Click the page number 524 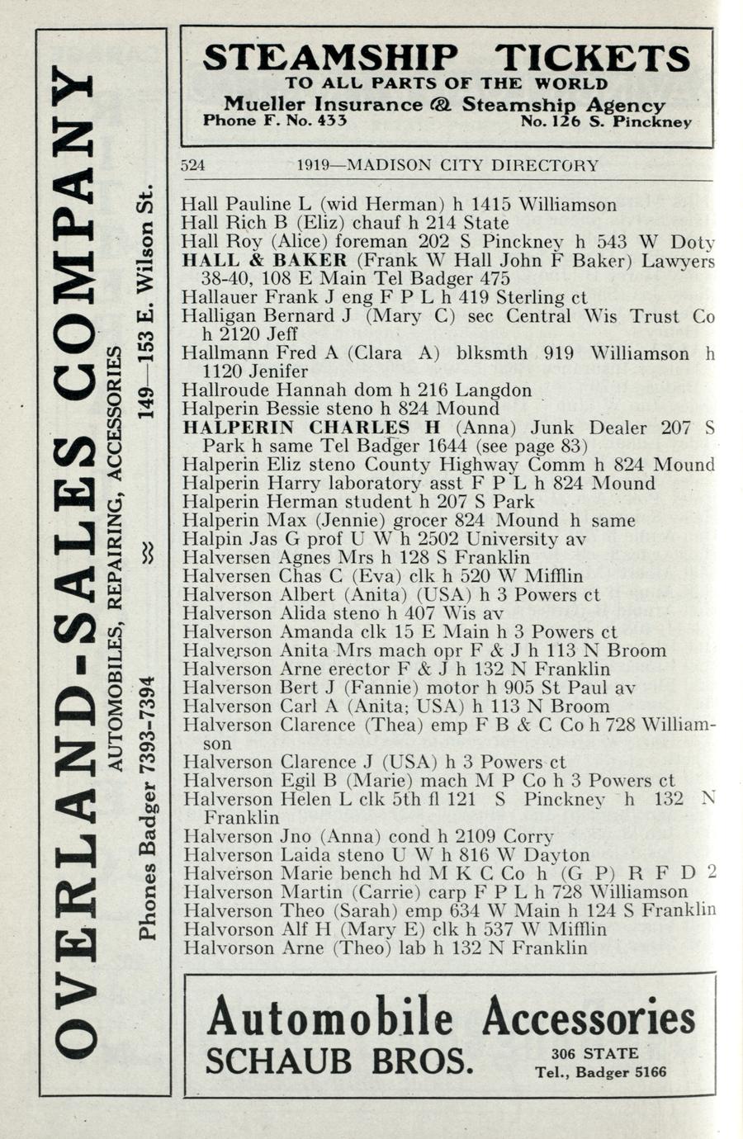[x=192, y=165]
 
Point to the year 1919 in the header [x=314, y=165]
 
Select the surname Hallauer [x=217, y=297]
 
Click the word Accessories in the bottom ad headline [x=588, y=1017]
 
